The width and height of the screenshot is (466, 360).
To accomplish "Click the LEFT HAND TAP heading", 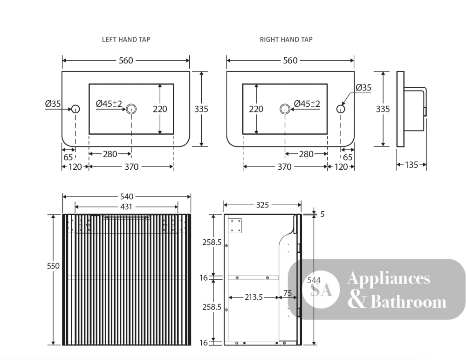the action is (126, 40).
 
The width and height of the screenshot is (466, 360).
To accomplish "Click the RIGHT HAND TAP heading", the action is (286, 40).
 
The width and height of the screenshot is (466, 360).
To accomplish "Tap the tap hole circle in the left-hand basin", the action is (75, 109).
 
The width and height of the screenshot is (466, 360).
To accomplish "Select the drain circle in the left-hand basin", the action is (131, 109).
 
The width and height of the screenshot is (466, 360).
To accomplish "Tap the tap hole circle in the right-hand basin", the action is (341, 109).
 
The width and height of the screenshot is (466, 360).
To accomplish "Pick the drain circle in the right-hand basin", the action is (285, 109).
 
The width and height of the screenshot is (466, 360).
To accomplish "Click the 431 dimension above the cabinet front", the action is (126, 207).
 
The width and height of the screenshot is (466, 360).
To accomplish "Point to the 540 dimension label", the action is (127, 196).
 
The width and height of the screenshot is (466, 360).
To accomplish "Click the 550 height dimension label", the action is (53, 266).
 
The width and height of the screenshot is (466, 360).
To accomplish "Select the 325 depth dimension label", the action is (262, 205).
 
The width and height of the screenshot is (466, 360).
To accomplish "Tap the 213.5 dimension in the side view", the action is (254, 297).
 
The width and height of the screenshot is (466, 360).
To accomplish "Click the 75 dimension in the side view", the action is (288, 293).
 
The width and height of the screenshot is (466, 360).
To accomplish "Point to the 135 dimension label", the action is (411, 165).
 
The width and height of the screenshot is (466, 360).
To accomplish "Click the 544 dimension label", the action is (314, 280).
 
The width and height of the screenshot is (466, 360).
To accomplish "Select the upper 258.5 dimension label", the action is (212, 242).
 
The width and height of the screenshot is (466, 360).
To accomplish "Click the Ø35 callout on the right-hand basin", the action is (363, 88).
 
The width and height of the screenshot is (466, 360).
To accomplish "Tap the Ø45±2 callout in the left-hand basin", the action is (109, 104).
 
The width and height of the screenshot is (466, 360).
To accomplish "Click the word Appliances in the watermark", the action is (389, 279).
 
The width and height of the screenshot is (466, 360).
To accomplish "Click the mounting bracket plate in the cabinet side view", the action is (235, 226).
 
